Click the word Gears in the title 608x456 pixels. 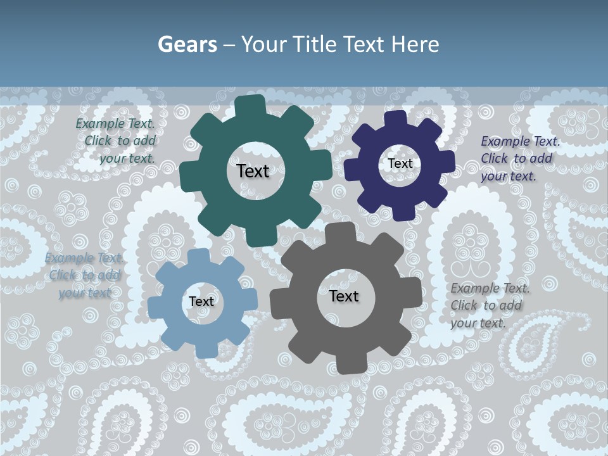tap(187, 44)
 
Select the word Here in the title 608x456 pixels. tap(415, 44)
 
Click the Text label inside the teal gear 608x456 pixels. tap(253, 171)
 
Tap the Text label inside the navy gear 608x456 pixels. tap(400, 163)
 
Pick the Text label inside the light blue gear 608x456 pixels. tap(201, 301)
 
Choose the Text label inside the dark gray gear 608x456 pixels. tap(344, 296)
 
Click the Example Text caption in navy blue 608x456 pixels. tap(520, 158)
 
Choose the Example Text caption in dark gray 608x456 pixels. tap(490, 305)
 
